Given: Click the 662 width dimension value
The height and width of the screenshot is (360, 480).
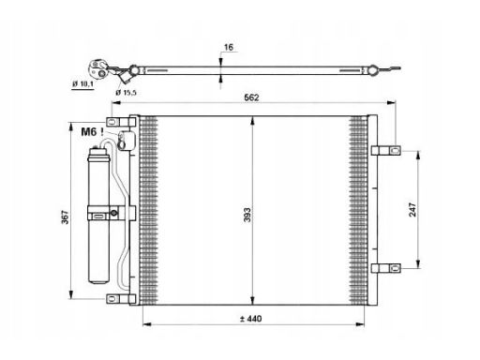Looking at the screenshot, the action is click(x=251, y=97).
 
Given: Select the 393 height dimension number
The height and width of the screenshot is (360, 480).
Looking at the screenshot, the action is click(x=247, y=215).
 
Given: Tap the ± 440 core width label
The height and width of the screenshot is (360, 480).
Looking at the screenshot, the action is click(x=251, y=319).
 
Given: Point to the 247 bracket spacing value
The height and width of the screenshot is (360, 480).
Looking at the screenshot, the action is click(x=412, y=209).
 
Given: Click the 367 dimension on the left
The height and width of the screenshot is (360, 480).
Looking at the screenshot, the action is click(x=65, y=217).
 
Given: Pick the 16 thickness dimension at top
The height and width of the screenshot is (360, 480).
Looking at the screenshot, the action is click(x=229, y=47).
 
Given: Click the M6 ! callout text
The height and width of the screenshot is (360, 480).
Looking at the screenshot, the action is click(x=92, y=132).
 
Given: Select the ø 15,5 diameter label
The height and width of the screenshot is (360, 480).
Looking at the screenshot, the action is click(x=126, y=93).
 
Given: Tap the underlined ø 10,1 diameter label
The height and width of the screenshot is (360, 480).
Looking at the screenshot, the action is click(x=82, y=83).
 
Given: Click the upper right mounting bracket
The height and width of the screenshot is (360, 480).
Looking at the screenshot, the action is click(x=386, y=151).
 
